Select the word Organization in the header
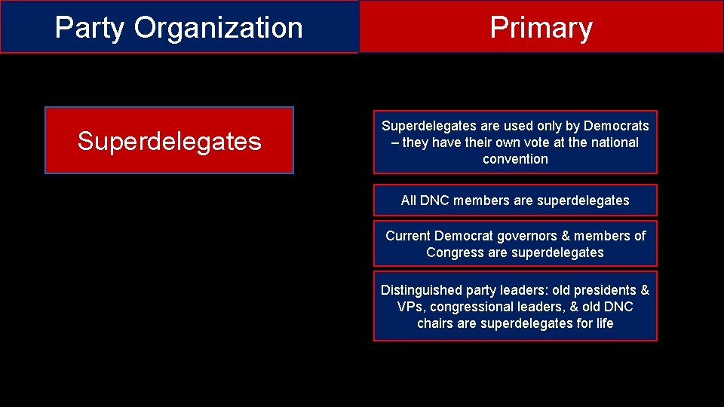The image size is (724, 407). pos(219,28)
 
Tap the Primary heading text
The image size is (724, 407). pos(541,28)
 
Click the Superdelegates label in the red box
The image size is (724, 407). pos(169,141)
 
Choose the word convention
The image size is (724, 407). pos(515,159)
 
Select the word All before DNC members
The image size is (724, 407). pos(409,200)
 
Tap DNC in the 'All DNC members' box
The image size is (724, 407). pos(435,200)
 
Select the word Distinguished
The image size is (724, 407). pos(422,290)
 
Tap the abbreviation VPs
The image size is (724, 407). pos(410,307)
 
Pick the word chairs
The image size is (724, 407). pos(435,323)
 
